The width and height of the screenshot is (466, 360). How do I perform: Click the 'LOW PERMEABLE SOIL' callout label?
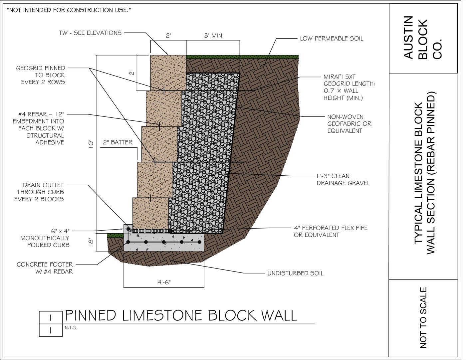point(332,39)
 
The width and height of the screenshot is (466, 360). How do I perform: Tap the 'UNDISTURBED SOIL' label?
point(295,273)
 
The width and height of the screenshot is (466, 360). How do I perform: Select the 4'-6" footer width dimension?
point(164,282)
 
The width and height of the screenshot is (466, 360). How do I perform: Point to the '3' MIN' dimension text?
point(213,35)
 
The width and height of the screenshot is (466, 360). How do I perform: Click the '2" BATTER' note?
point(118,142)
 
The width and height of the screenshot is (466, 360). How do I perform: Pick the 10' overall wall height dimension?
point(91,145)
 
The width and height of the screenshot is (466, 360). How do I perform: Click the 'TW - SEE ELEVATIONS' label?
point(90,33)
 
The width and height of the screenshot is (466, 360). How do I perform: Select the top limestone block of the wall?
point(168,73)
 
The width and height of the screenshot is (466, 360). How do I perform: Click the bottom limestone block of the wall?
point(150,213)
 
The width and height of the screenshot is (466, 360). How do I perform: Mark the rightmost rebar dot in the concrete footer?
point(199,242)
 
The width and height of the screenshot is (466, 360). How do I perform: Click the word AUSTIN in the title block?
point(408,37)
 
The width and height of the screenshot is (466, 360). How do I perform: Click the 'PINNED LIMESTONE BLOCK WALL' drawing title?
point(181,315)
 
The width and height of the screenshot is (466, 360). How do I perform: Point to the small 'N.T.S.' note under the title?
point(71,328)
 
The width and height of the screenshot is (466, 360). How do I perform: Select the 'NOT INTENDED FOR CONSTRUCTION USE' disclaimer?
point(69,10)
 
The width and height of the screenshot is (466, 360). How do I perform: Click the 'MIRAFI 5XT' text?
point(340,77)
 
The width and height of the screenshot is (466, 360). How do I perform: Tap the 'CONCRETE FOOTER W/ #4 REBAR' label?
point(45,268)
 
